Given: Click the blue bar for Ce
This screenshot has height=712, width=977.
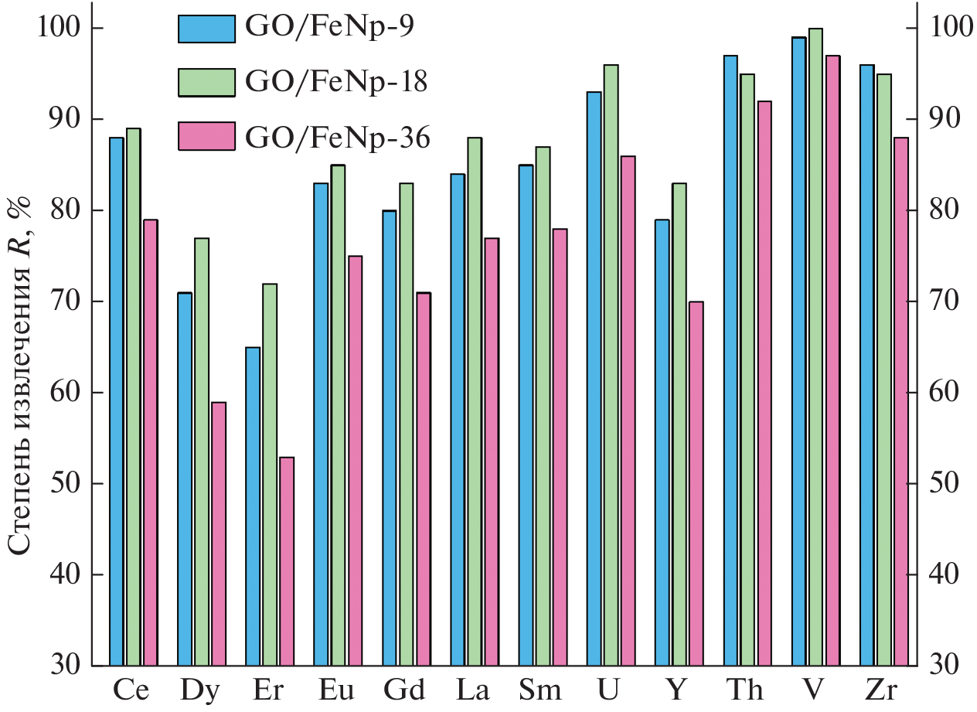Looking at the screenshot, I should coord(117,401).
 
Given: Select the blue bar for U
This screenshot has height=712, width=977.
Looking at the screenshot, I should coord(594,379).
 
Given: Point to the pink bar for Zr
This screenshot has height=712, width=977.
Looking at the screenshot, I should coord(900,401).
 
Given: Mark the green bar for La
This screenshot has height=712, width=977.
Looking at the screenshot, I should coord(475,401).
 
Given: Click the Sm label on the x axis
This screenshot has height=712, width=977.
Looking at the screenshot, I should coord(540,690).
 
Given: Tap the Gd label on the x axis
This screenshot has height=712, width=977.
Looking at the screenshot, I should coord(404,690).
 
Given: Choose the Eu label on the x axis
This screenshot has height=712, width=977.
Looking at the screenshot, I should coord(337,690).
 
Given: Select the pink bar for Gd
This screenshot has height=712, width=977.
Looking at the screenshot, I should coord(424,479).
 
